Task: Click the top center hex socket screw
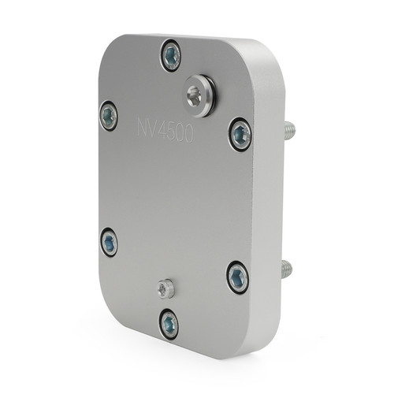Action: coord(170,55)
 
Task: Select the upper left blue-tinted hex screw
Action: coord(109,117)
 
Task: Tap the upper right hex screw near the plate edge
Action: coord(240,135)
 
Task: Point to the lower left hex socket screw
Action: coord(110,242)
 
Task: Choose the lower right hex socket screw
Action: coord(237,277)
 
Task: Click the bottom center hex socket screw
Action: coord(169,323)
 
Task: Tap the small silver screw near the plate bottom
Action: coord(165,288)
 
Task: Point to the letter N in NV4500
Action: coord(143,128)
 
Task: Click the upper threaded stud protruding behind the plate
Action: coord(289,130)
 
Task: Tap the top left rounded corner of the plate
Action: coord(110,47)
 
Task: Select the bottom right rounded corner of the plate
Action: coord(264,347)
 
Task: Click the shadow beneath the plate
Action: coord(197,364)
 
